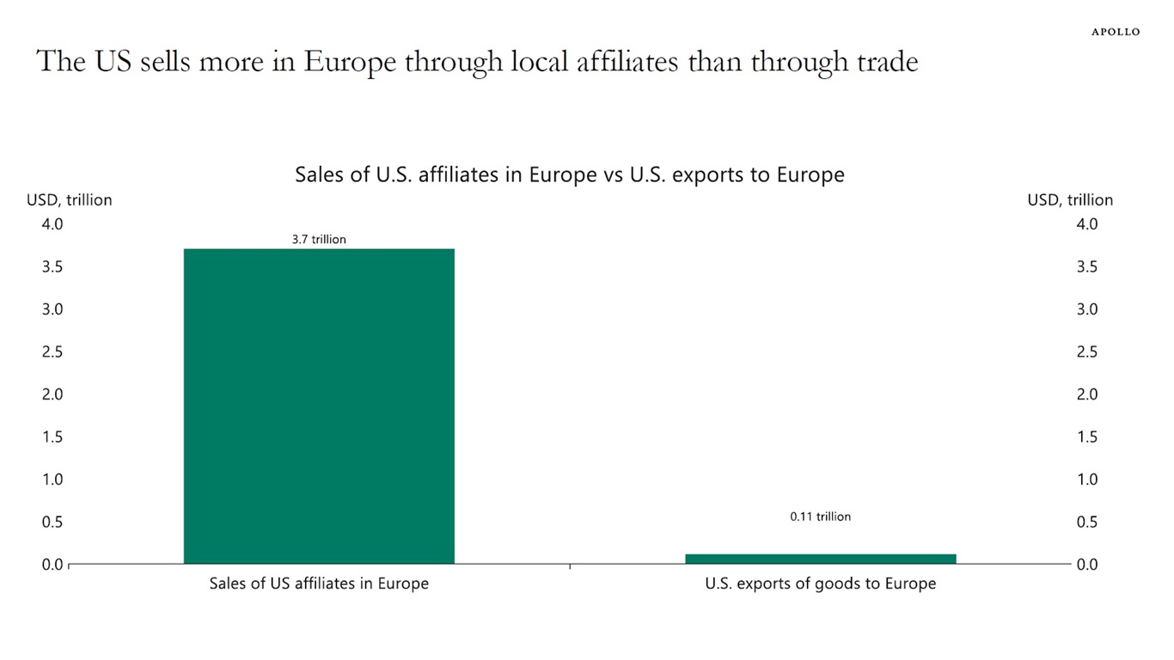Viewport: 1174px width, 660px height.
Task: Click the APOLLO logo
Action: pyautogui.click(x=1116, y=32)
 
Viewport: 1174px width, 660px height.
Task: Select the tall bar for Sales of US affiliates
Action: pyautogui.click(x=319, y=406)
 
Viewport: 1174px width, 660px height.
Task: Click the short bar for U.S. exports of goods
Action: pyautogui.click(x=820, y=559)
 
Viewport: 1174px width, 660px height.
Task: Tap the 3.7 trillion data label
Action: pyautogui.click(x=319, y=240)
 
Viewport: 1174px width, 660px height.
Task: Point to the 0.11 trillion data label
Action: pyautogui.click(x=820, y=516)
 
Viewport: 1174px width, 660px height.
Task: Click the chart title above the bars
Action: pyautogui.click(x=569, y=174)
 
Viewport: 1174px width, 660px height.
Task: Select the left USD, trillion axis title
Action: pyautogui.click(x=70, y=200)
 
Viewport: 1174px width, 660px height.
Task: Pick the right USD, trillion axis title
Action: pyautogui.click(x=1070, y=200)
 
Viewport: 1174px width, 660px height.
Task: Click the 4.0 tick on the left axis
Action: pyautogui.click(x=52, y=224)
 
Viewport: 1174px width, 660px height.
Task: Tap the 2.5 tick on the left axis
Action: pyautogui.click(x=52, y=352)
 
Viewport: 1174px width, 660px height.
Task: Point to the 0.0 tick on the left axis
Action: pyautogui.click(x=52, y=565)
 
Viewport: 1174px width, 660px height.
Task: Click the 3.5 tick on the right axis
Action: pyautogui.click(x=1087, y=267)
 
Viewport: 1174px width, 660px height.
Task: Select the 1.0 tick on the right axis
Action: pyautogui.click(x=1087, y=480)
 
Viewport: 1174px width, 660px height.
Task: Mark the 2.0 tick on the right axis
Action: pyautogui.click(x=1087, y=394)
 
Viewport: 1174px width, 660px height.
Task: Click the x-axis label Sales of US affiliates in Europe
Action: pyautogui.click(x=319, y=584)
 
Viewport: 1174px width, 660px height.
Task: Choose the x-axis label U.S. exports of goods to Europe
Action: pyautogui.click(x=820, y=584)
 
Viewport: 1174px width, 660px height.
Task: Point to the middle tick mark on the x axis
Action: pyautogui.click(x=570, y=566)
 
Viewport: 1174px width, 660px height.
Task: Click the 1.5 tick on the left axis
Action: pyautogui.click(x=52, y=437)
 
